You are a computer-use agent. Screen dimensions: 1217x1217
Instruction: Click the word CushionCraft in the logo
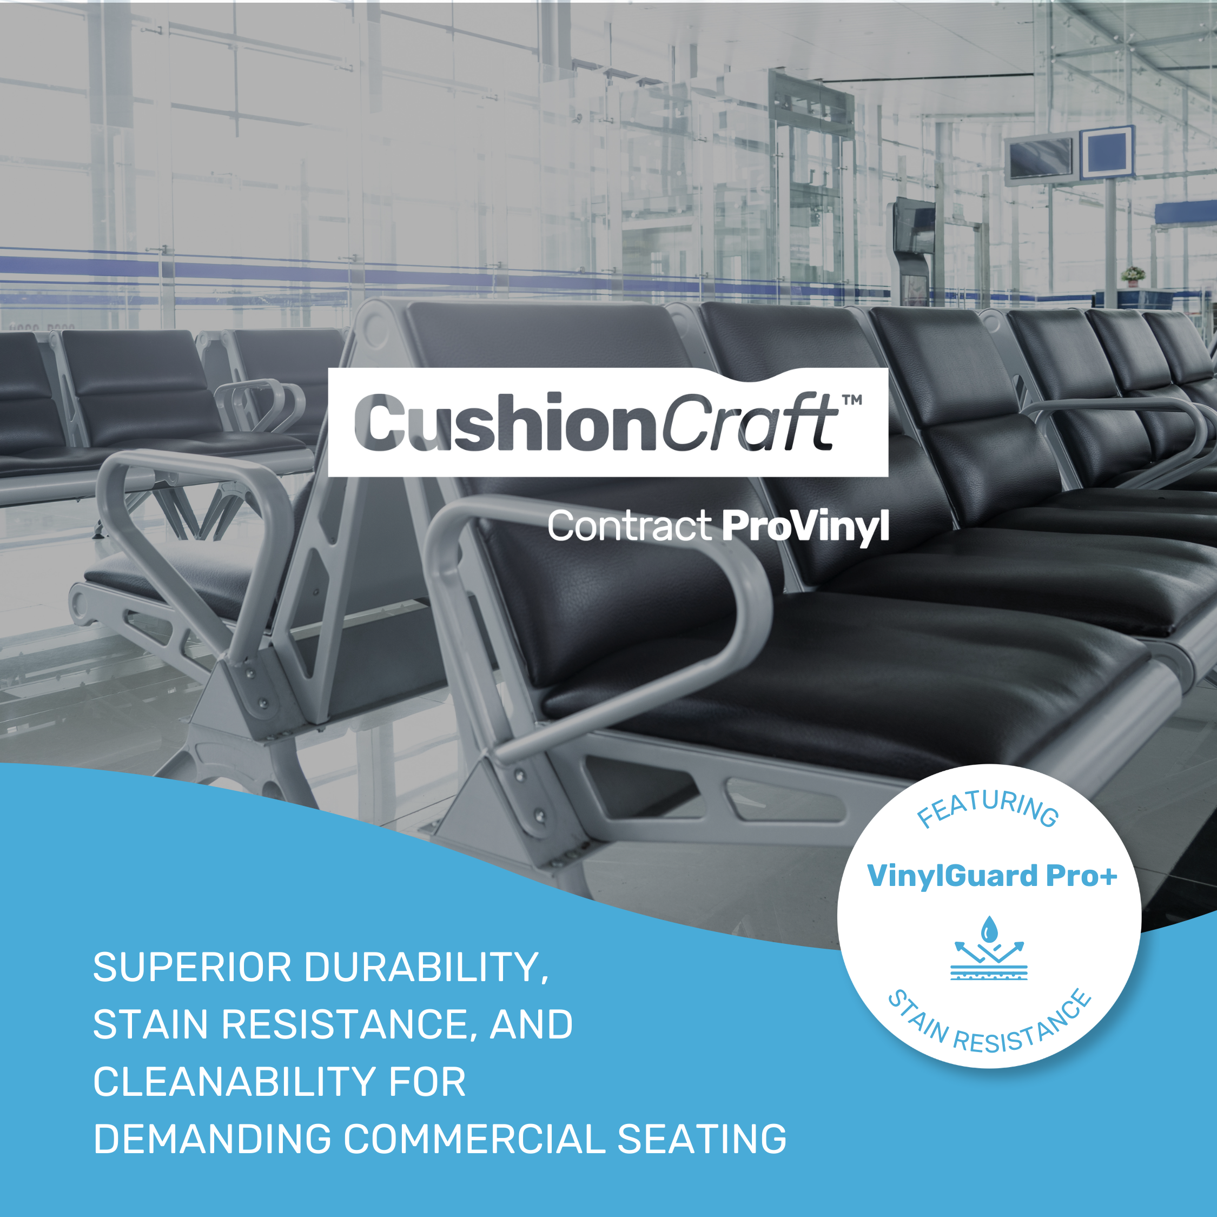tap(596, 422)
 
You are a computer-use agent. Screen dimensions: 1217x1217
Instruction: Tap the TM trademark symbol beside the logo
tap(852, 399)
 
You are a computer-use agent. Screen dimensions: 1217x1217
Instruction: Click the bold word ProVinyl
tap(805, 527)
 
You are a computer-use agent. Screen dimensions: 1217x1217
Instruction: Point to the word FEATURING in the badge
tap(987, 808)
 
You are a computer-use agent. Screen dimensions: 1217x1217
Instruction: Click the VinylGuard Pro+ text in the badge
tap(992, 876)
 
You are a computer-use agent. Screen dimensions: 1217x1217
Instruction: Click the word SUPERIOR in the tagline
tap(192, 967)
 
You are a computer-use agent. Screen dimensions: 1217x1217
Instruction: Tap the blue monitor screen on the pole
tap(1107, 153)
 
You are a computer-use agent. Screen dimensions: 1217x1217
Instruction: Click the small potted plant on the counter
tap(1133, 275)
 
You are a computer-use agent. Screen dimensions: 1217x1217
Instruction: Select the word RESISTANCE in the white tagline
tap(345, 1024)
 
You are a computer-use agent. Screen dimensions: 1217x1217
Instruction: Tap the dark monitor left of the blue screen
tap(1041, 158)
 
